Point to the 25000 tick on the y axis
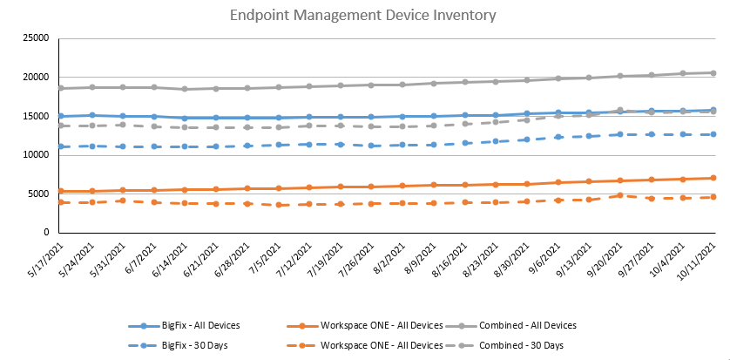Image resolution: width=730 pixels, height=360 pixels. click(34, 38)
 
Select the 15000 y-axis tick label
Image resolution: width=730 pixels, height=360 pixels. click(34, 116)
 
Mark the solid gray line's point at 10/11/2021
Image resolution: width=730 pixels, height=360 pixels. click(713, 73)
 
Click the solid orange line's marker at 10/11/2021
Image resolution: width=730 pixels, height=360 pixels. click(713, 178)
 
